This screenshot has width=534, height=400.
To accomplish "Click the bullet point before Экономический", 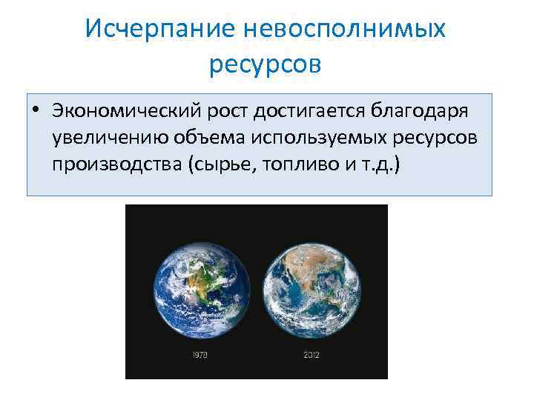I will point(36,111).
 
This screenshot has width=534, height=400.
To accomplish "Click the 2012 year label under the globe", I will point(312,356).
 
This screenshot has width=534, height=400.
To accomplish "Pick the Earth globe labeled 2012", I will point(312,285).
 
